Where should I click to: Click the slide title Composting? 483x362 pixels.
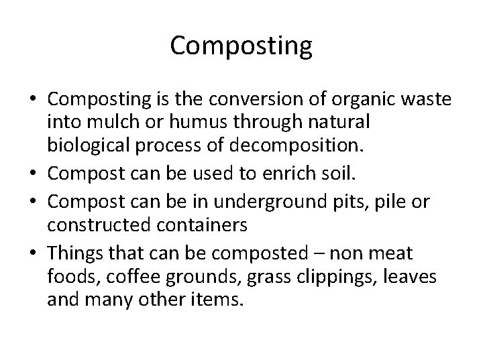(x=241, y=46)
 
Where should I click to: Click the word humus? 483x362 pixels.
(x=170, y=123)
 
